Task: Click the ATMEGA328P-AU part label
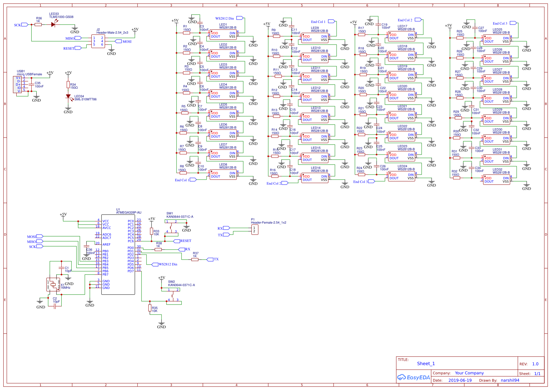pos(128,213)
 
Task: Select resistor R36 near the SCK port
pos(38,24)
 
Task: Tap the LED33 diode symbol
pos(53,24)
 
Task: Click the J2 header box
pos(98,41)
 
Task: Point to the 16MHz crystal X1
pos(53,285)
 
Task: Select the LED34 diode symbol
pos(68,96)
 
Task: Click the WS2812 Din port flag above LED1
pos(239,18)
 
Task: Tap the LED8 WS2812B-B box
pos(223,175)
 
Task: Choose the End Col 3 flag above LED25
pos(513,23)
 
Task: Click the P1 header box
pos(254,229)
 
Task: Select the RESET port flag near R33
pos(176,241)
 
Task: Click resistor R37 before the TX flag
pos(195,259)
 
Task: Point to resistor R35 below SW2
pos(150,308)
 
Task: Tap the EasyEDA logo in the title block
pos(413,377)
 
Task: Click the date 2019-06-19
pos(460,380)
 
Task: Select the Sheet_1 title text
pos(426,364)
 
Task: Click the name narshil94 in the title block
pos(510,380)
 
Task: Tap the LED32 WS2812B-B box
pos(497,180)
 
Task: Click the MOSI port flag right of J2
pos(118,41)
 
